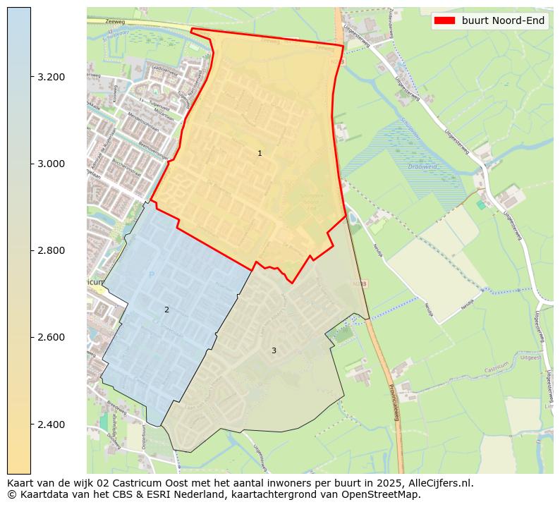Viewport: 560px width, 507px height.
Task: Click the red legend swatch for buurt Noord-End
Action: (x=445, y=20)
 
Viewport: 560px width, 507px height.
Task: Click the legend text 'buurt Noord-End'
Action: (x=503, y=20)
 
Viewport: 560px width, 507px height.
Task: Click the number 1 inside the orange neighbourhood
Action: (x=260, y=153)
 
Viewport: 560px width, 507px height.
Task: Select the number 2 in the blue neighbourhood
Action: (x=166, y=310)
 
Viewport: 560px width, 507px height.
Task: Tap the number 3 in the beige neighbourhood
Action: (x=274, y=350)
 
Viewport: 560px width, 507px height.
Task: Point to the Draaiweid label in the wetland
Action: (x=422, y=167)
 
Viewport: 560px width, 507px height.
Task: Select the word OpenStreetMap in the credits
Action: (x=384, y=494)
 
